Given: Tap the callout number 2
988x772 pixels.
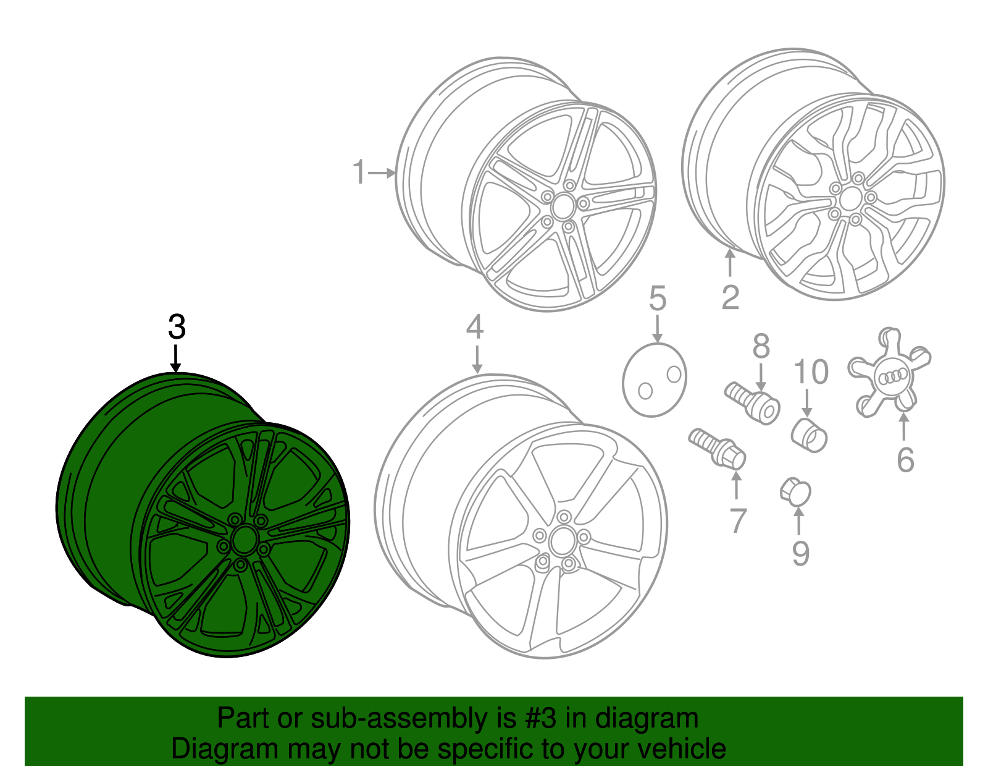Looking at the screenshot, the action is [x=731, y=297].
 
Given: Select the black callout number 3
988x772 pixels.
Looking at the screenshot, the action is [x=177, y=327].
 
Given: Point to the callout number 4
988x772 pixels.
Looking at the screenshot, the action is [x=475, y=327].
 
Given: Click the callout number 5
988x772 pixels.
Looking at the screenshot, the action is [x=658, y=299].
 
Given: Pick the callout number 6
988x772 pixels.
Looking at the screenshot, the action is [x=905, y=459].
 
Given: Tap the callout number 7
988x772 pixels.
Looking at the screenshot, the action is [x=738, y=520].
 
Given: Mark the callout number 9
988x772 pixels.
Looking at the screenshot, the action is [x=800, y=552].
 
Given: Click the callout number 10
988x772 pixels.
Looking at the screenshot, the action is [x=811, y=372].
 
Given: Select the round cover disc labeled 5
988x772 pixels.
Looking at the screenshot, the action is [x=654, y=380].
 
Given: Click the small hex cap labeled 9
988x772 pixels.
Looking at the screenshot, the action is [x=795, y=492].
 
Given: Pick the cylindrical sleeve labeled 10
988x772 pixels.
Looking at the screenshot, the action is [x=809, y=434].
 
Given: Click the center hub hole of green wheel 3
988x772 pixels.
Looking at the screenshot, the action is [x=244, y=540].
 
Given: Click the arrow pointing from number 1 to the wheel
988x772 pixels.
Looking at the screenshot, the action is [x=382, y=173].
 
